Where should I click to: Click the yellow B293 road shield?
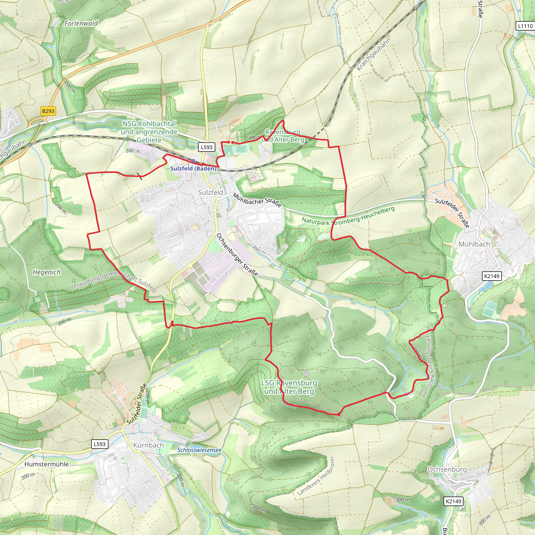(48, 111)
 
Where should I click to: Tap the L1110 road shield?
(525, 26)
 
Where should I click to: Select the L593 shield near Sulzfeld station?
(207, 147)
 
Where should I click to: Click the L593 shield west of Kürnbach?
(100, 444)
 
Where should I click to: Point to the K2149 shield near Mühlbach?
(492, 276)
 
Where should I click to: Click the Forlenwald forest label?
(81, 23)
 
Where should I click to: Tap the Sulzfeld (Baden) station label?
(193, 168)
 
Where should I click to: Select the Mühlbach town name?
(474, 244)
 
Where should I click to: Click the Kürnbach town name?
(148, 445)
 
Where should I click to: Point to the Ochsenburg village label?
(447, 469)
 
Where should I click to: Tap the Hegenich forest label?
(46, 272)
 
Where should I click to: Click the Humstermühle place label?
(46, 464)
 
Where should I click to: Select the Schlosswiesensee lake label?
(199, 450)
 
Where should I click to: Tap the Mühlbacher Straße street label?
(257, 200)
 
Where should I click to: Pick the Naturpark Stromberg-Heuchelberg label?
(348, 216)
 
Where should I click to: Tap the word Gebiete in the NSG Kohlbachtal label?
(149, 140)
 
